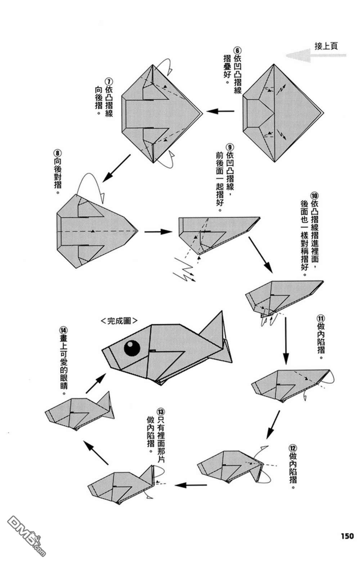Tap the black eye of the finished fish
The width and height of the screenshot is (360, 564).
click(x=132, y=348)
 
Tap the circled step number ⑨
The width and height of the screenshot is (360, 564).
click(x=230, y=147)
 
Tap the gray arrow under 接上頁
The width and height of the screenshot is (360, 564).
click(x=315, y=55)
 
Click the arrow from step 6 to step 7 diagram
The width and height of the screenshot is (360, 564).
click(x=220, y=111)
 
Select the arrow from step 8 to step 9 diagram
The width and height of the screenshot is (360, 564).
click(x=158, y=232)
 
